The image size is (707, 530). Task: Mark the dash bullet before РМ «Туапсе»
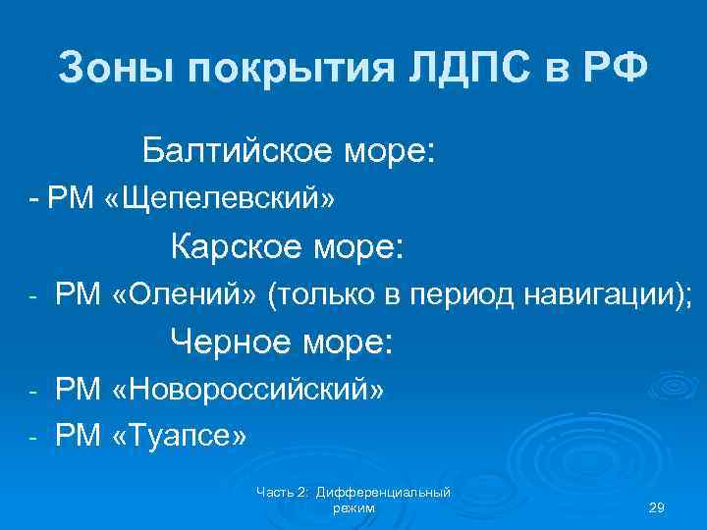point(31,433)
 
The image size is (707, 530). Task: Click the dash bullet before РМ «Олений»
point(31,293)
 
